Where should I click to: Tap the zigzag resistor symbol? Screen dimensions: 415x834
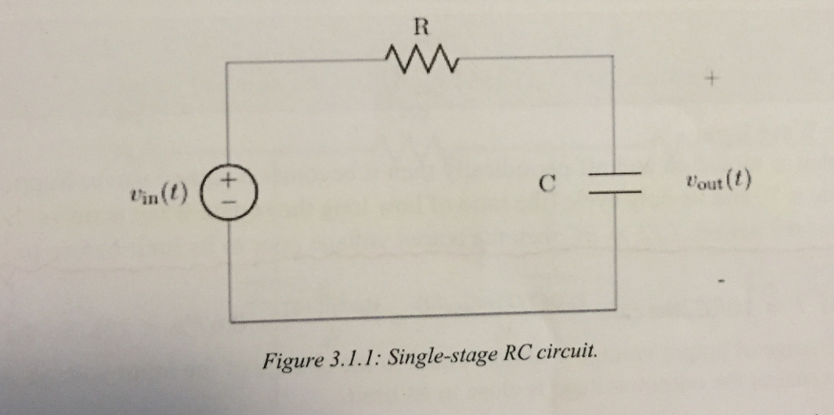point(419,58)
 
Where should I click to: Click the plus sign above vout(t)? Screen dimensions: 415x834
point(713,81)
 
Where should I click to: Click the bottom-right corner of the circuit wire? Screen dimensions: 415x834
point(613,309)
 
